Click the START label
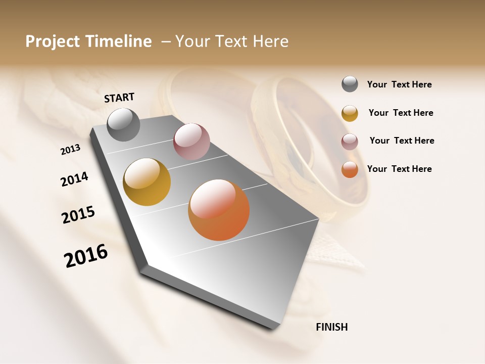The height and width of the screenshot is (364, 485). (119, 98)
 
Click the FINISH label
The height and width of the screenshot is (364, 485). (331, 327)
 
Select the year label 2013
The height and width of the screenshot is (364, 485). (71, 149)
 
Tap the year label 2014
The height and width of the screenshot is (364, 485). (74, 179)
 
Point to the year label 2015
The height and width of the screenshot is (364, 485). (78, 215)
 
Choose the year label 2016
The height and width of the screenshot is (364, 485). (86, 255)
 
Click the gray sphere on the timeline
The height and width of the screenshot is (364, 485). (123, 125)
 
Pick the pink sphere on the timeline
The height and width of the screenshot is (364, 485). (191, 141)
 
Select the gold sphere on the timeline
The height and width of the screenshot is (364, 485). (147, 182)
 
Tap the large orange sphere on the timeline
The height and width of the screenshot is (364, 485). (219, 210)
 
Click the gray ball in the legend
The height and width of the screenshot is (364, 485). (350, 84)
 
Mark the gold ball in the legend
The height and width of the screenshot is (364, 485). (350, 113)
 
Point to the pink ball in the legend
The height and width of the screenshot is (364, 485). (350, 142)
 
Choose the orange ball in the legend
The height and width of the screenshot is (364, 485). (350, 169)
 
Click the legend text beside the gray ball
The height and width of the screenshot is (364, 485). (399, 84)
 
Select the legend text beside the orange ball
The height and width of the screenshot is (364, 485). (399, 169)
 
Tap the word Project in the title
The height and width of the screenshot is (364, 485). (53, 41)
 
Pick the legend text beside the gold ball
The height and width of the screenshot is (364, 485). (401, 113)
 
